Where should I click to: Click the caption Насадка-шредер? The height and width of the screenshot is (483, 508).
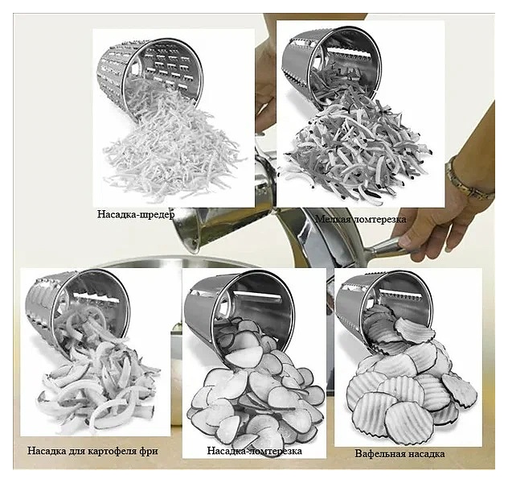136,214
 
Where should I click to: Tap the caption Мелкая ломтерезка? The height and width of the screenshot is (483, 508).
361,219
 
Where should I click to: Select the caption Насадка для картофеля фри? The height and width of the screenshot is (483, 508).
92,451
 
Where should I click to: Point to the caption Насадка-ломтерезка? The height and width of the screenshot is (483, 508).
254,451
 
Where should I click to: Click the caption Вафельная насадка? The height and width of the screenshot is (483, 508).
399,453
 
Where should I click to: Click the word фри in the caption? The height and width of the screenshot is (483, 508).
149,452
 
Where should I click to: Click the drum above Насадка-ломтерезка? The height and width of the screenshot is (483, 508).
239,312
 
